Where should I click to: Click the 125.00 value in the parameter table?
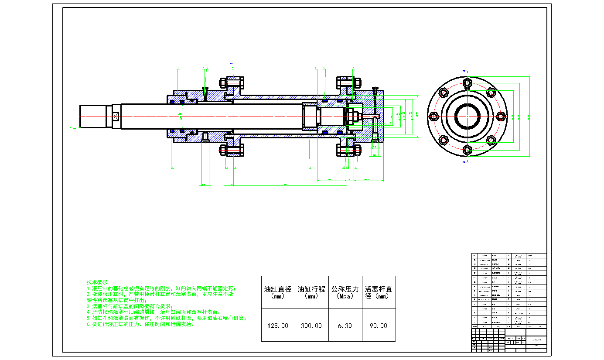[x=278, y=326]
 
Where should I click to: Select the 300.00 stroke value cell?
[x=311, y=326]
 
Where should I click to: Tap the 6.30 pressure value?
[x=345, y=326]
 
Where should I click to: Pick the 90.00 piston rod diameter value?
[x=379, y=326]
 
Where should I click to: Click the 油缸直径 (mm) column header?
[x=278, y=292]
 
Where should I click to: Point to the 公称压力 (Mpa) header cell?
[x=345, y=292]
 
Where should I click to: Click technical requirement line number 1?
[x=161, y=288]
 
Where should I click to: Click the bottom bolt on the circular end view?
[x=467, y=150]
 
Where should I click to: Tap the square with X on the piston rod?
[x=116, y=117]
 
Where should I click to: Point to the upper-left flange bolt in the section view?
[x=232, y=82]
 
